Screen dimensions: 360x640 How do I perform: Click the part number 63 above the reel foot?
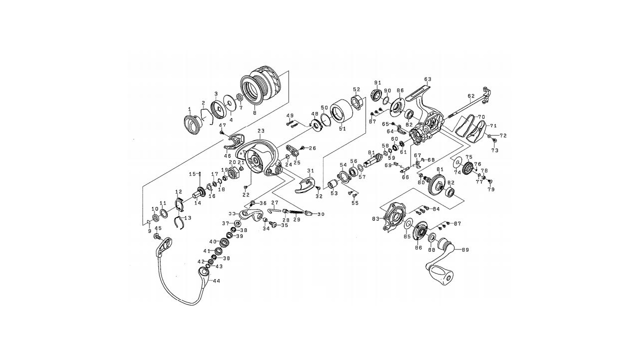point(427,79)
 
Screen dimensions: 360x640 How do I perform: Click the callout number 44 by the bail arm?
point(216,281)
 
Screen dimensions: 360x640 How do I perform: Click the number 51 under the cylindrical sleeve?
point(342,128)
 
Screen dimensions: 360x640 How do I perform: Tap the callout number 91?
point(377,82)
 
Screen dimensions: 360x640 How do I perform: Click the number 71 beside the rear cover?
point(492,125)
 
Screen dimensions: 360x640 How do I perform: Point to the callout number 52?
point(356,89)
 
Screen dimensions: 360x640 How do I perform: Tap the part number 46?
point(228,156)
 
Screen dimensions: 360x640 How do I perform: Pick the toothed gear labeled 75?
point(468,169)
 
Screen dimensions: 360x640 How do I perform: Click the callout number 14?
point(197,202)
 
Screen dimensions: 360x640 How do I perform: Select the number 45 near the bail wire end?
point(158,229)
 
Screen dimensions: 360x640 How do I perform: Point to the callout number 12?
point(178,192)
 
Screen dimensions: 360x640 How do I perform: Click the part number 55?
point(355,203)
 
